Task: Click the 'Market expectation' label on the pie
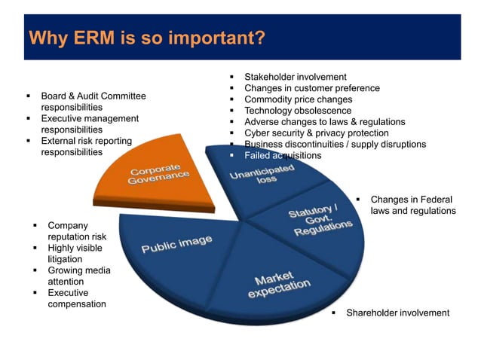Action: [x=281, y=284]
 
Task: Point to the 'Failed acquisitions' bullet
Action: [x=283, y=155]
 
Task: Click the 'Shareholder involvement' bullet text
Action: [x=397, y=313]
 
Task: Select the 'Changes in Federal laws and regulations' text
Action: [x=412, y=205]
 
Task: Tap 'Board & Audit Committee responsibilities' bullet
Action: [x=93, y=102]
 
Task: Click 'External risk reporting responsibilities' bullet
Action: [x=86, y=146]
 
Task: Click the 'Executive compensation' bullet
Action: [x=76, y=298]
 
